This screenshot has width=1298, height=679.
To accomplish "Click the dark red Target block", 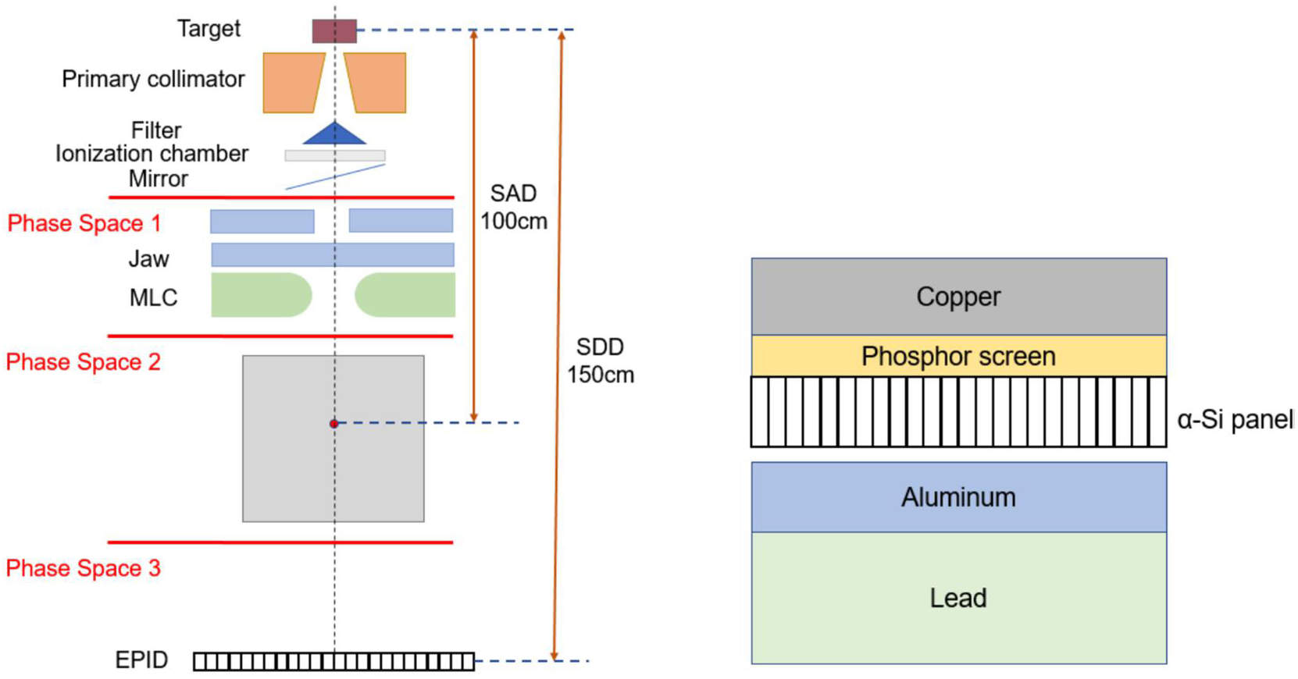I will click(334, 31).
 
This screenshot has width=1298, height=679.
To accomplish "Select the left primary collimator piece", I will click(291, 83).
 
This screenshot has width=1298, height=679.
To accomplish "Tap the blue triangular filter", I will click(334, 135).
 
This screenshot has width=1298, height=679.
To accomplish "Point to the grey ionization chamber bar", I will click(334, 155).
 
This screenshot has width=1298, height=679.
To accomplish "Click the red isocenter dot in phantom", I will click(333, 424).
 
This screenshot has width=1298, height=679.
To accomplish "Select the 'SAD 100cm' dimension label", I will click(513, 208).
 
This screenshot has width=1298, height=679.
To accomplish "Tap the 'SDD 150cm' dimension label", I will click(600, 361).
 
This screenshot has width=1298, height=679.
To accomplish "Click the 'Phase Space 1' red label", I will click(84, 224).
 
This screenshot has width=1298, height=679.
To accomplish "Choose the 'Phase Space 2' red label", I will click(83, 362).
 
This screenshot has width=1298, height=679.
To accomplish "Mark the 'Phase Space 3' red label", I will click(83, 568).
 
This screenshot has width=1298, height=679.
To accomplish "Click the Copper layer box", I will click(958, 297).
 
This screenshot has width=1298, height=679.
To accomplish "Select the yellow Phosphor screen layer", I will click(958, 357).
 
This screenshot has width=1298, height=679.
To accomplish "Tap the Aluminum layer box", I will click(958, 497).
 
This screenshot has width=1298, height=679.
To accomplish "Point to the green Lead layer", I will click(958, 598).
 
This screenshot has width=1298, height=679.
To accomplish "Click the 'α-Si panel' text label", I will click(1235, 420).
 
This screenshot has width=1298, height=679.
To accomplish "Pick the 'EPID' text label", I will click(141, 660).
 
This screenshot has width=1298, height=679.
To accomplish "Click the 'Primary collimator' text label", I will click(153, 80).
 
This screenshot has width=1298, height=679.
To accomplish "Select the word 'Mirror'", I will click(158, 180).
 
